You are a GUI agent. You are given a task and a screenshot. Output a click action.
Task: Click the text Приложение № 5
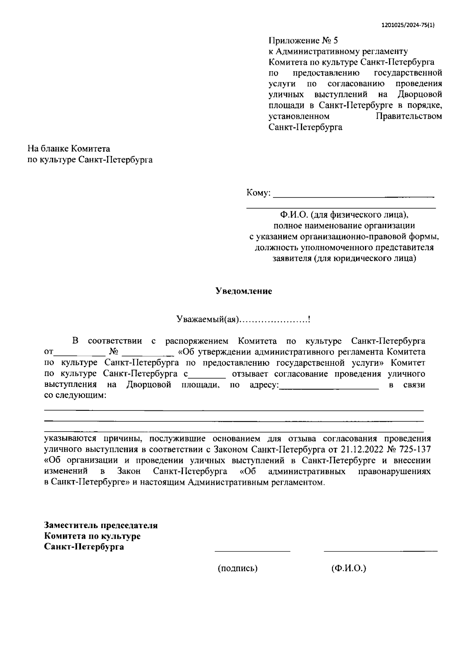303,41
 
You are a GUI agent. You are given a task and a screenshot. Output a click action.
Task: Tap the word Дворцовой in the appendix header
420,94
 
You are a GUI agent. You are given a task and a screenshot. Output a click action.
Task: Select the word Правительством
409,116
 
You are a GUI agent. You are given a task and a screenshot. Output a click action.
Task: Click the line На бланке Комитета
69,149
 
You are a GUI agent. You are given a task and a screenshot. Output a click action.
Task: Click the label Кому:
258,193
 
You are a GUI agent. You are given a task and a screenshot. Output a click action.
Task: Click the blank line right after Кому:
353,195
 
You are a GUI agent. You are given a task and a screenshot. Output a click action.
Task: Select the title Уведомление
244,292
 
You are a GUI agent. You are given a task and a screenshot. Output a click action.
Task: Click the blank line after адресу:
328,388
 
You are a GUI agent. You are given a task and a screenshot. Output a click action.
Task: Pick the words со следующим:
75,395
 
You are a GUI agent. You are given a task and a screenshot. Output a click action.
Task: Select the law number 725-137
413,449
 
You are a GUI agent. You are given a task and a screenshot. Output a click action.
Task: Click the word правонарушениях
395,471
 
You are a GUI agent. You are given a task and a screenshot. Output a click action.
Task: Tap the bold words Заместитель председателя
101,525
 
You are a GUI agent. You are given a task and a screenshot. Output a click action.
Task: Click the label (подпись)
238,569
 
